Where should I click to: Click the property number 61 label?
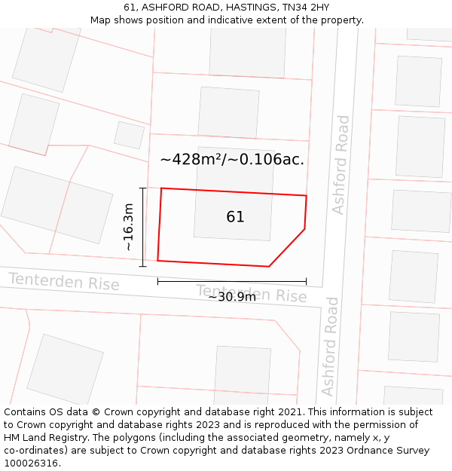235,217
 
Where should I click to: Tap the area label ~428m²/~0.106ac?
232,160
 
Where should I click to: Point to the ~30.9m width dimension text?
232,297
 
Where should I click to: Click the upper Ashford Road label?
342,164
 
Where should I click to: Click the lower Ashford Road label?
331,346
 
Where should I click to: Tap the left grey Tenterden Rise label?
64,282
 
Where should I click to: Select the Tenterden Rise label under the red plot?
252,293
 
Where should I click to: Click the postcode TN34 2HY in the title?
306,8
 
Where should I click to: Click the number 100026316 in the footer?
31,463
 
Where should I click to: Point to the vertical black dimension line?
143,226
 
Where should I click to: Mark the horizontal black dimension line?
232,281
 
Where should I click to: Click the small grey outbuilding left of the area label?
129,135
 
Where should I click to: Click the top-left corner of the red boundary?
161,188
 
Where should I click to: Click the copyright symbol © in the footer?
96,412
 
